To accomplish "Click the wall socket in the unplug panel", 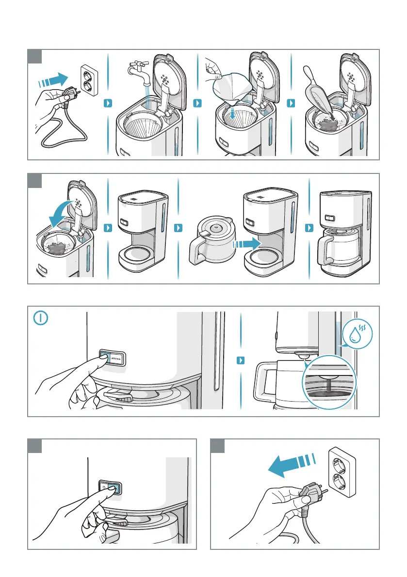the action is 342,471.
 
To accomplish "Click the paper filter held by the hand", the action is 232,88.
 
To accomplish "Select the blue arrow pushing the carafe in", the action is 248,244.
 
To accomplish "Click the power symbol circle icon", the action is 41,318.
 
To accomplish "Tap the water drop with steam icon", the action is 357,334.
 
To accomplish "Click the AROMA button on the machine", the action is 113,358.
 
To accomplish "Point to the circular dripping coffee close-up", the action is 329,382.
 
